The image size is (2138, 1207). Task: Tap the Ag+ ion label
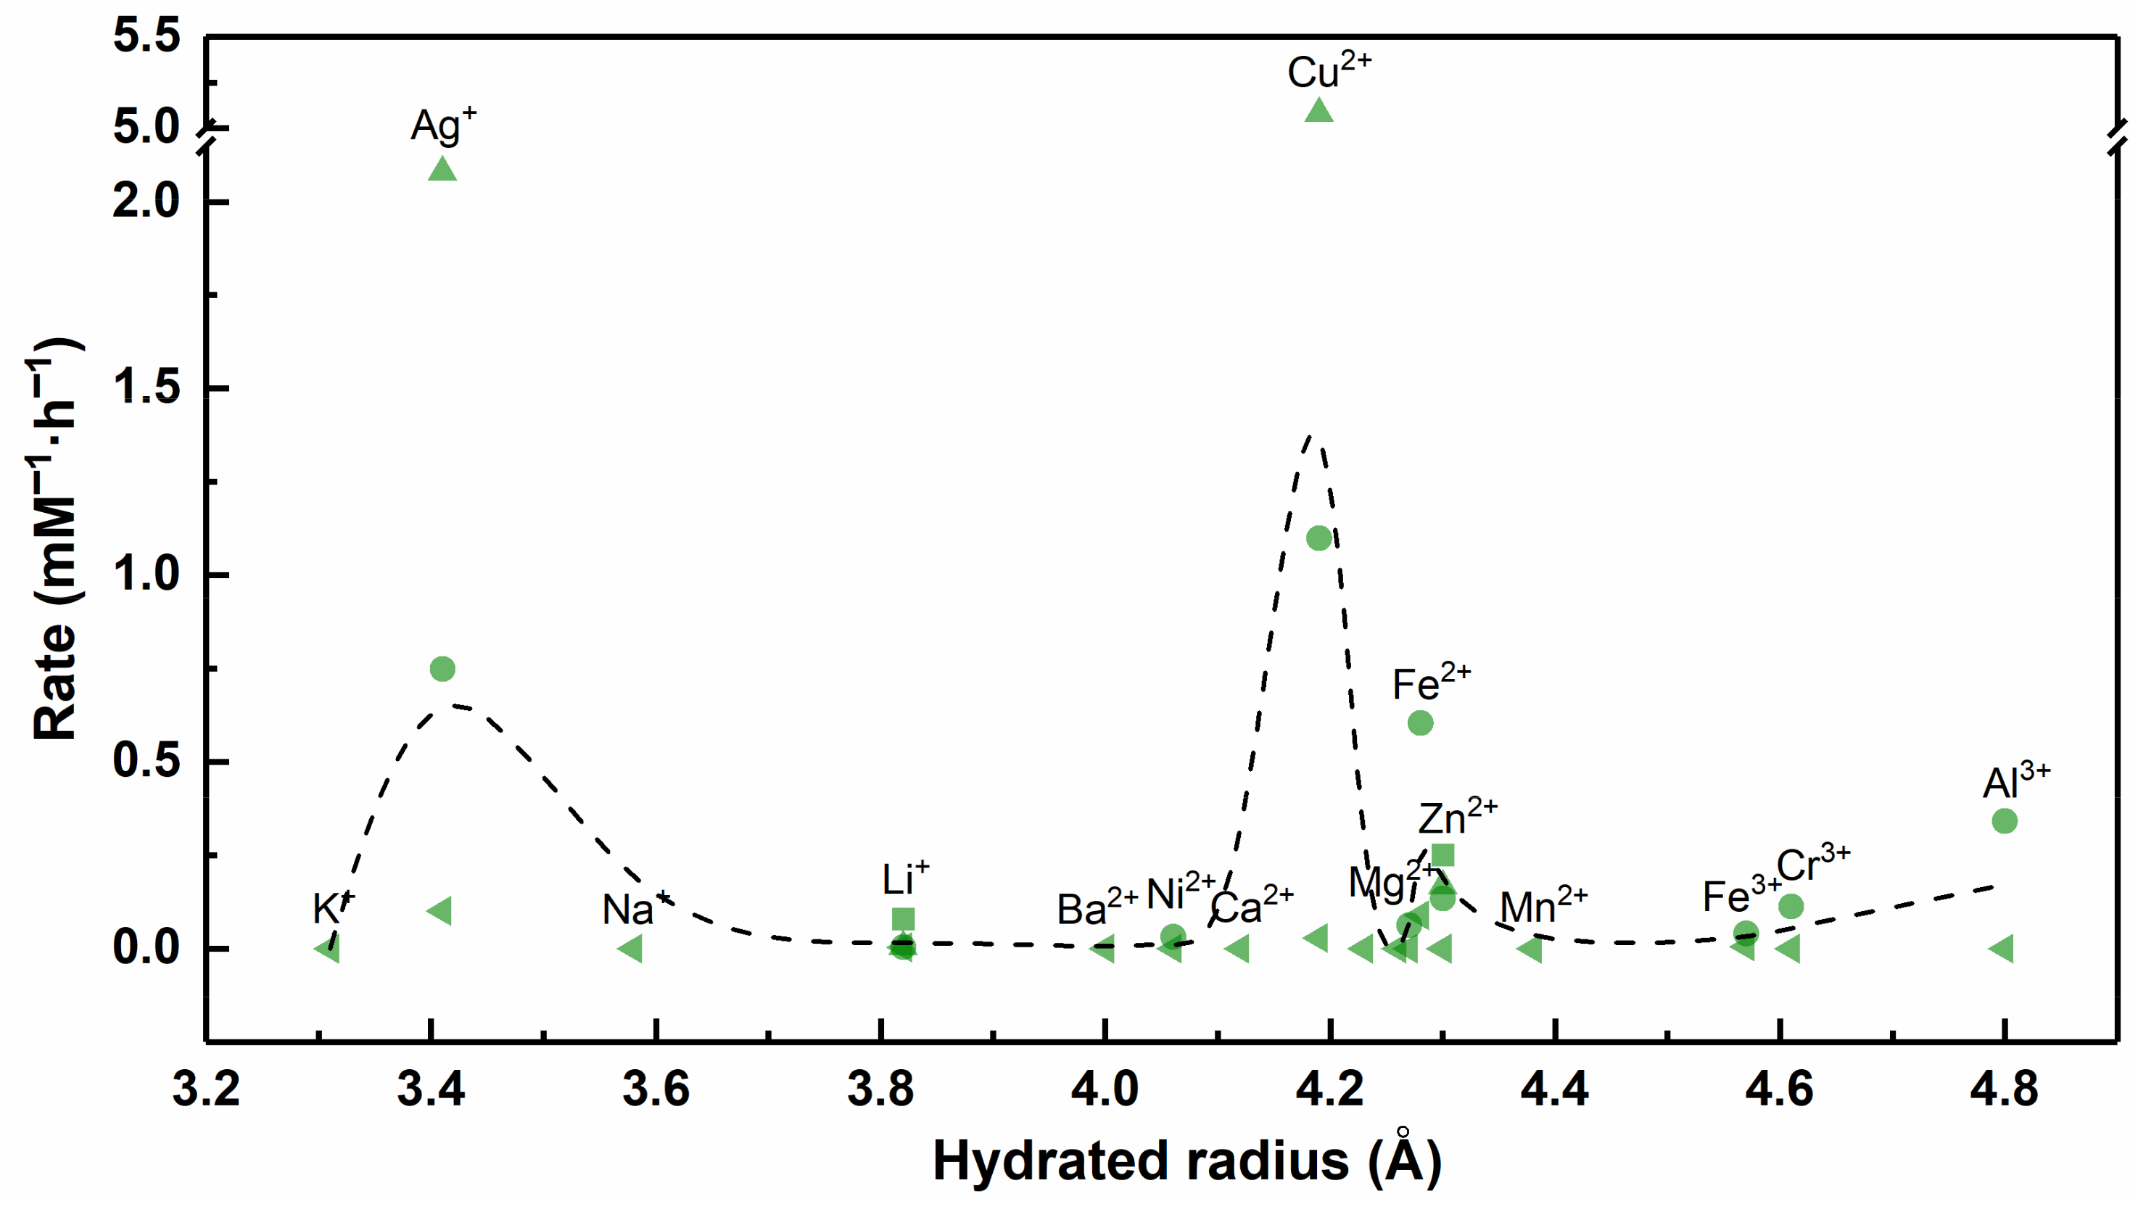443,126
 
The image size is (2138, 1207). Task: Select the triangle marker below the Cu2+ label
1318,110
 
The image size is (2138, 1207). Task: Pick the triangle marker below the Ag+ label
442,169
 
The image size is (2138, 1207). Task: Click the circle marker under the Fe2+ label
1420,723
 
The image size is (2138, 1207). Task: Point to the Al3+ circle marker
2005,821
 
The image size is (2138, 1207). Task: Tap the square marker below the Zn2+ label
1442,855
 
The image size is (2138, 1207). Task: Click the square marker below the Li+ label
903,919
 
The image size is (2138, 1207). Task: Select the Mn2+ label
1543,906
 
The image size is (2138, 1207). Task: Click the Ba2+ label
1097,908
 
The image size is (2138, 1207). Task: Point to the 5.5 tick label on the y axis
147,37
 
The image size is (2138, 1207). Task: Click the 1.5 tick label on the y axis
147,387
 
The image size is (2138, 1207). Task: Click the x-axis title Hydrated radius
1187,1161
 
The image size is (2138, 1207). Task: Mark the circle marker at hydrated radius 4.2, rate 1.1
1318,538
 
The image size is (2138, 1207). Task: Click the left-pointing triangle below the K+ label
328,948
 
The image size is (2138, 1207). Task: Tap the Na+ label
635,909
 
